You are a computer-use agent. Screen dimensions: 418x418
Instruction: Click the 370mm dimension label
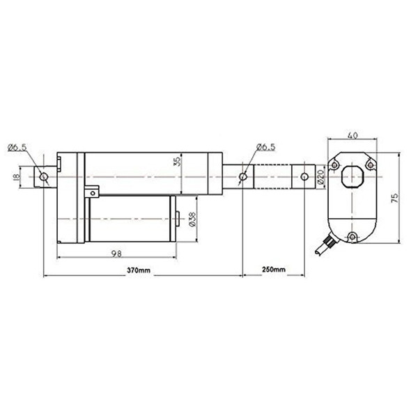pyautogui.click(x=139, y=270)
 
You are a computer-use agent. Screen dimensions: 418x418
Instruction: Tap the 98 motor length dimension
pyautogui.click(x=116, y=254)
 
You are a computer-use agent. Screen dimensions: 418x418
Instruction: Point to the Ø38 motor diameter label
pyautogui.click(x=192, y=219)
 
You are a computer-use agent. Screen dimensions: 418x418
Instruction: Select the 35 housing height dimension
pyautogui.click(x=177, y=162)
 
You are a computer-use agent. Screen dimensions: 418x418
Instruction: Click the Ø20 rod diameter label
pyautogui.click(x=320, y=177)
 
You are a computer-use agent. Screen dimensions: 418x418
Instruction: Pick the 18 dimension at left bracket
pyautogui.click(x=16, y=177)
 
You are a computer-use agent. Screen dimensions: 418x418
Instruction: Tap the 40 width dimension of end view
pyautogui.click(x=352, y=135)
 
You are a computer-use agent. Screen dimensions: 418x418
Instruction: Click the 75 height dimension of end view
pyautogui.click(x=395, y=198)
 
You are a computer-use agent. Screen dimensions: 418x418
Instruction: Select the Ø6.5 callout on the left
pyautogui.click(x=17, y=147)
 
